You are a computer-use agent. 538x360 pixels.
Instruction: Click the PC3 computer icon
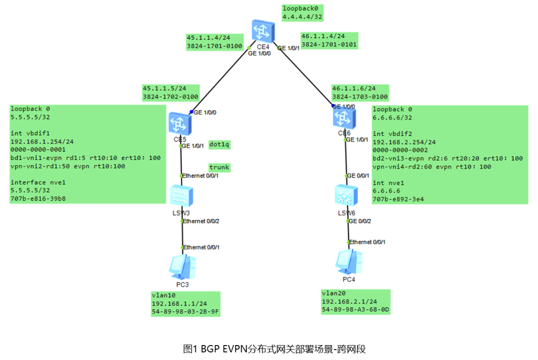point(182,267)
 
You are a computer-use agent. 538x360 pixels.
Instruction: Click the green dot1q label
point(219,144)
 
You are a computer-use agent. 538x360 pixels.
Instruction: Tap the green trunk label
point(219,167)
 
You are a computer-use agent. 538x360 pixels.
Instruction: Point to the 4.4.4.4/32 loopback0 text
point(302,17)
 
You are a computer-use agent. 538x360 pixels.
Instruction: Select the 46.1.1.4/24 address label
point(323,36)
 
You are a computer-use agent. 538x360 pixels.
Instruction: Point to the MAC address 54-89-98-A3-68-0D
point(355,310)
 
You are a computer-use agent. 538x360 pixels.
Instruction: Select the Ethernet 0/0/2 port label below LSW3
point(201,221)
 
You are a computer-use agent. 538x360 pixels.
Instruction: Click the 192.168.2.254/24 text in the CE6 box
point(404,142)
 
